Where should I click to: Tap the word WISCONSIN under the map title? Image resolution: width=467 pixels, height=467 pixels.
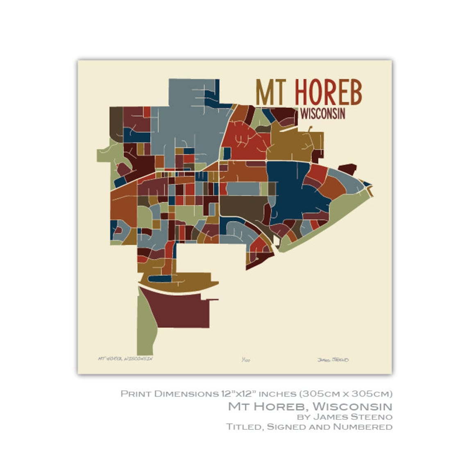[322, 113]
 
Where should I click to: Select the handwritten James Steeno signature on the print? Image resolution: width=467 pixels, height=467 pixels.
[333, 360]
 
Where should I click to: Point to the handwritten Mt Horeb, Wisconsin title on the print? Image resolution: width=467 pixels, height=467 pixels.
[125, 358]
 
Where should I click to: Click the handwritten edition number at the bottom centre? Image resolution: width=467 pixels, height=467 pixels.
[246, 360]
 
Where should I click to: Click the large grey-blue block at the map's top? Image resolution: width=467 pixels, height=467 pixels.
[188, 119]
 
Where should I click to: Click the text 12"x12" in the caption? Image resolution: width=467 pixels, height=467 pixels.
[235, 394]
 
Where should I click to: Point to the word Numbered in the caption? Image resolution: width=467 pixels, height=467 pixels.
[363, 427]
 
